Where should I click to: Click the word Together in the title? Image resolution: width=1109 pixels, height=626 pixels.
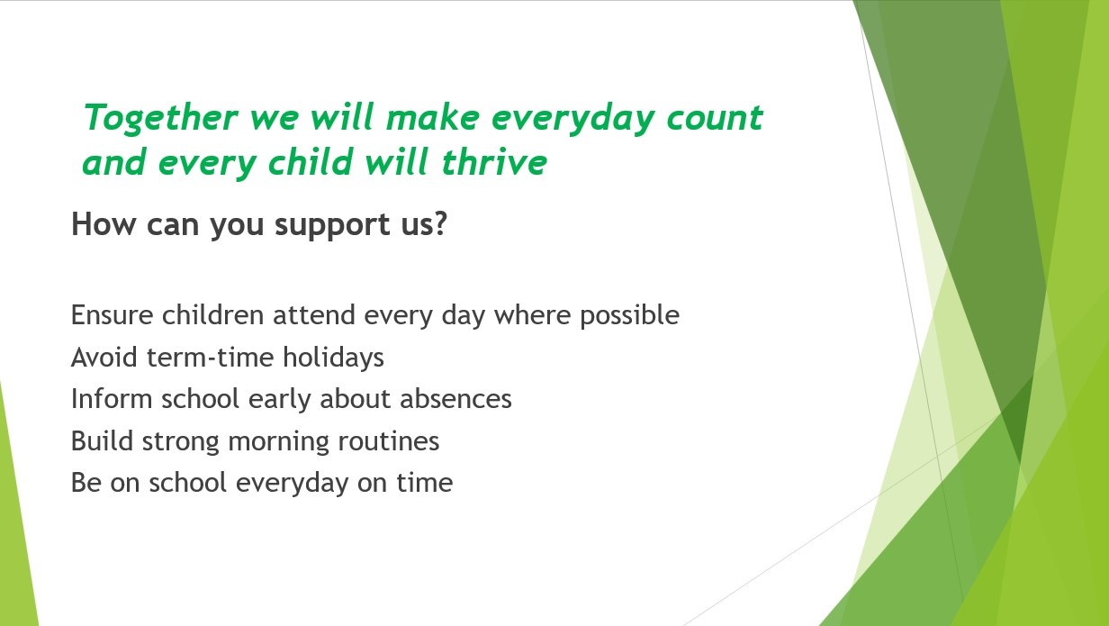[x=161, y=119]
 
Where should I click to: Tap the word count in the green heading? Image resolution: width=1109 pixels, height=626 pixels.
[x=715, y=118]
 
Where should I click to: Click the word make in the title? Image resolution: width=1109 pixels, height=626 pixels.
[x=433, y=117]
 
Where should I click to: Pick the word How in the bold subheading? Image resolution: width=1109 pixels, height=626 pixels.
[x=104, y=223]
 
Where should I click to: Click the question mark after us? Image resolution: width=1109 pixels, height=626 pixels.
[x=440, y=223]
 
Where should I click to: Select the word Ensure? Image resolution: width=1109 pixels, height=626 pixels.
[x=112, y=315]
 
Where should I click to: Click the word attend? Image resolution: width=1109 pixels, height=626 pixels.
[x=314, y=315]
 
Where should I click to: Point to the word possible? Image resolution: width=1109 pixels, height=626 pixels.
[x=630, y=316]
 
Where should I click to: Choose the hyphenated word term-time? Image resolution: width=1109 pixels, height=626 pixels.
[x=211, y=357]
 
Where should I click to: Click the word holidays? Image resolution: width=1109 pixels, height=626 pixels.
[x=333, y=358]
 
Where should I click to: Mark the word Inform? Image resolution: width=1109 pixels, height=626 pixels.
[x=112, y=399]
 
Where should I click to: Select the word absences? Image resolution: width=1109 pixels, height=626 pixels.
[x=455, y=399]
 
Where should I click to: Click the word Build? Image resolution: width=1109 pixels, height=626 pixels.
[x=102, y=440]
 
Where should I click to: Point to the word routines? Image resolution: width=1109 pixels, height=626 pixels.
[x=389, y=440]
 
